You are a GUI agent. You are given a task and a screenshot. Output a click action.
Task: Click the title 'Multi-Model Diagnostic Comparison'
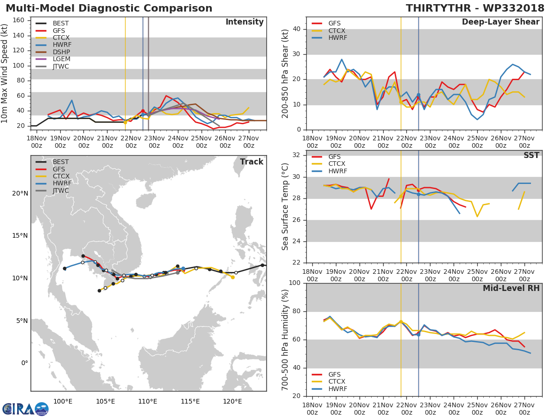click(109, 8)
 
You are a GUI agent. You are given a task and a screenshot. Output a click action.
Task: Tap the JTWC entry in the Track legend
click(61, 190)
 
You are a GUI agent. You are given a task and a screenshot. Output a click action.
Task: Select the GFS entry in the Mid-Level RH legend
click(337, 374)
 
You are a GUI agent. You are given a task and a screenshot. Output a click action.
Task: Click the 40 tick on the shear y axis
click(297, 29)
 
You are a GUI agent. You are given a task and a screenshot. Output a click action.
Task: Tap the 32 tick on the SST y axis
click(297, 155)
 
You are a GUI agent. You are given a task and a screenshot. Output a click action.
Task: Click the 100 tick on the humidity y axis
click(295, 283)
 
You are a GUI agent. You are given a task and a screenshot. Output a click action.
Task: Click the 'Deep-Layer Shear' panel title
click(500, 22)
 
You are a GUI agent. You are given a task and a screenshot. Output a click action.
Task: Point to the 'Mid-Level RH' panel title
click(511, 288)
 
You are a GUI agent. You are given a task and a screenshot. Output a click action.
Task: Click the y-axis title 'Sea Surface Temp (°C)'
click(285, 206)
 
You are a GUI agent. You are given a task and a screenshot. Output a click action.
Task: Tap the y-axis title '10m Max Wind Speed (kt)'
click(5, 73)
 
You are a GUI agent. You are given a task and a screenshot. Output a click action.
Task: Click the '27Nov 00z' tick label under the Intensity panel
click(249, 142)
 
